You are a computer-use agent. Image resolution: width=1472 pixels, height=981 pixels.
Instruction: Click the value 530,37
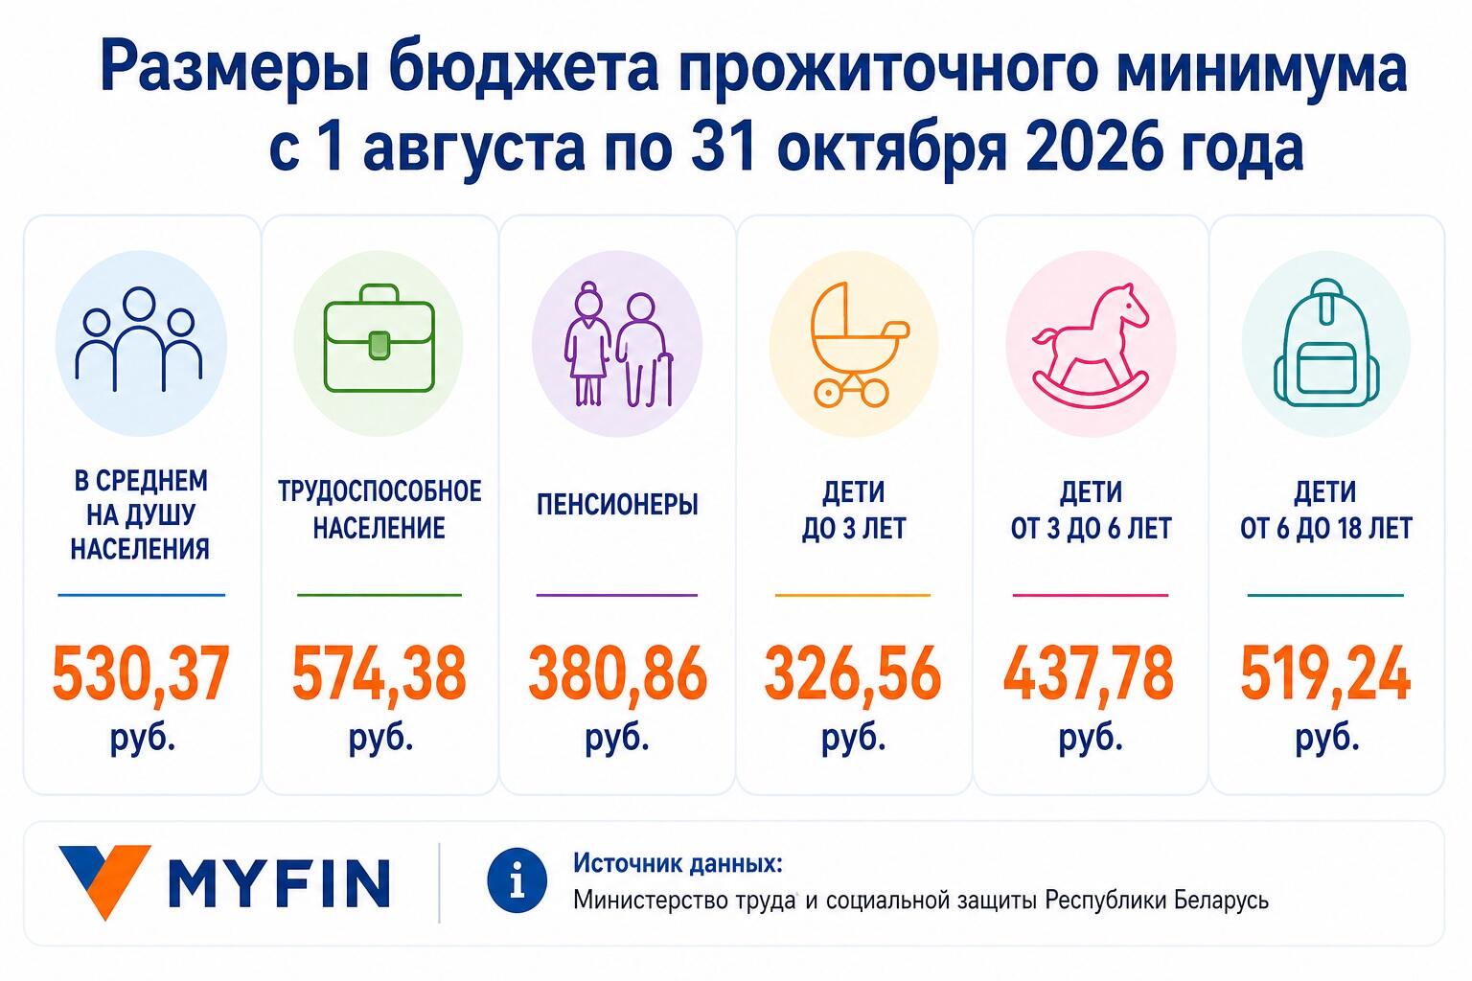pos(141,674)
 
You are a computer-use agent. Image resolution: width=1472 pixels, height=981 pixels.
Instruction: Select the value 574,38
pos(379,674)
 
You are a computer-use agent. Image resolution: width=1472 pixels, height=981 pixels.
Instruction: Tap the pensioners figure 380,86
pos(617,673)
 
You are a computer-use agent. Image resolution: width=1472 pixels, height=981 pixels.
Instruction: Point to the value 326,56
pos(853,674)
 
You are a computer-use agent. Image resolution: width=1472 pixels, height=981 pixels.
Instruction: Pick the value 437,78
pos(1090,674)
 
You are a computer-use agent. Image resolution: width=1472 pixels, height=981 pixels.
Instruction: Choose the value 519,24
pos(1325,674)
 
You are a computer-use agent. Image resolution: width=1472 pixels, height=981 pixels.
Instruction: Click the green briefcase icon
pos(379,338)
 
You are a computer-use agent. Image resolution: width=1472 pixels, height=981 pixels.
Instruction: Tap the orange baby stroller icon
pos(854,344)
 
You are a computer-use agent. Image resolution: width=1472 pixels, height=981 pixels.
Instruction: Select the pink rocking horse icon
pos(1090,345)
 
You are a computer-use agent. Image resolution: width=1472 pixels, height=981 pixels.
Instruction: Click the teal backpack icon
pos(1326,342)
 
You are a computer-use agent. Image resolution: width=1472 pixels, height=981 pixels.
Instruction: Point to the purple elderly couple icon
pos(618,344)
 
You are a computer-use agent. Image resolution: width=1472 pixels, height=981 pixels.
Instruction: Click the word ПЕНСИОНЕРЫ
pos(617,505)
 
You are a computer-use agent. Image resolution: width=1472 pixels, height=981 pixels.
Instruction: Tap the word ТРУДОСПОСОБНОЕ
pos(379,491)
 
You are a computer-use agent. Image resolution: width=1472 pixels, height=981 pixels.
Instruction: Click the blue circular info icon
pos(517,880)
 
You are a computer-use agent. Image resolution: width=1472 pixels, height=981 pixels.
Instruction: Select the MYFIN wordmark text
pos(279,883)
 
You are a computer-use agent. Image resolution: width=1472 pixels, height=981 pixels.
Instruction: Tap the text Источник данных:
pos(678,863)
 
